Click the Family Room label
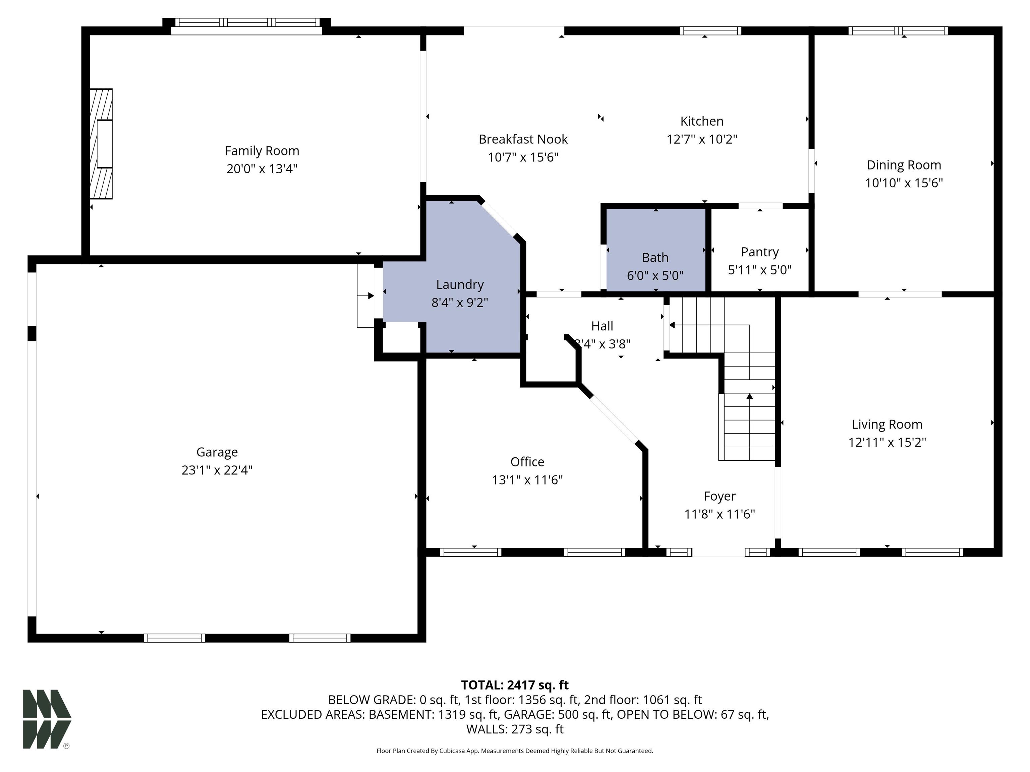[x=262, y=151]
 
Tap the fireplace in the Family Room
[x=101, y=144]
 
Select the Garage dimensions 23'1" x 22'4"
[x=217, y=470]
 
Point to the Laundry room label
[x=460, y=284]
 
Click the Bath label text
[x=655, y=257]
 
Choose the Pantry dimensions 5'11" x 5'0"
[x=760, y=270]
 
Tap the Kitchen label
[x=702, y=121]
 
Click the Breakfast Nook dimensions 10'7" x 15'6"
[x=523, y=157]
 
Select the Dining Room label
[x=904, y=165]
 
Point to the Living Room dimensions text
[x=887, y=442]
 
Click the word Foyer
[x=720, y=497]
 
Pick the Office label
[x=527, y=462]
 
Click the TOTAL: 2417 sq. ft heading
[x=515, y=685]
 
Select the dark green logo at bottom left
[x=47, y=719]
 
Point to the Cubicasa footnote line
[x=515, y=751]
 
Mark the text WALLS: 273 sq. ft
[x=515, y=729]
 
